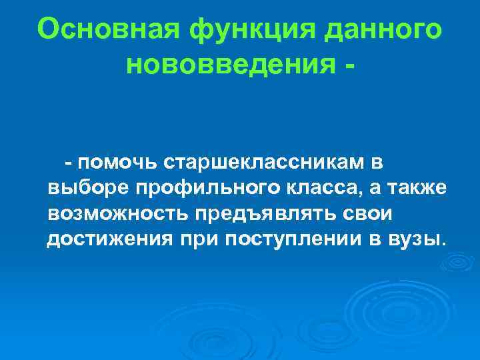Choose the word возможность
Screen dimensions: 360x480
[x=117, y=213]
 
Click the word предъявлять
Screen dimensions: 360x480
[x=258, y=213]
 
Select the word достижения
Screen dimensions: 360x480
[x=109, y=239]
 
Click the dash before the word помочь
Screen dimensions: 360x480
[x=69, y=163]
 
